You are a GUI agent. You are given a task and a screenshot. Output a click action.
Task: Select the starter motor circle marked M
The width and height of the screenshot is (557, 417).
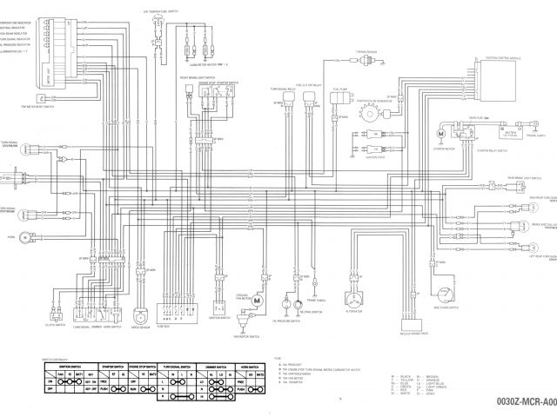pyautogui.click(x=442, y=134)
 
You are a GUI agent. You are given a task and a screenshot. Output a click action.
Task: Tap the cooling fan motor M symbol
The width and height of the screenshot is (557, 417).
pyautogui.click(x=258, y=299)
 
